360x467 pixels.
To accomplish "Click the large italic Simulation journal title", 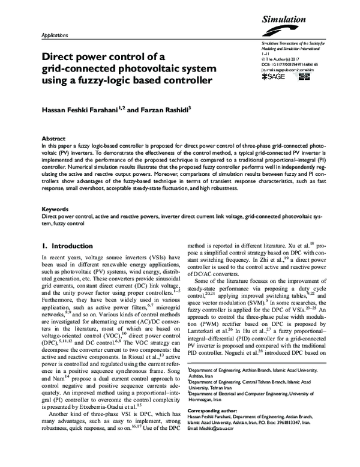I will (x=284, y=20).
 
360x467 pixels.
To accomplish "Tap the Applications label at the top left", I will (x=54, y=36).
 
